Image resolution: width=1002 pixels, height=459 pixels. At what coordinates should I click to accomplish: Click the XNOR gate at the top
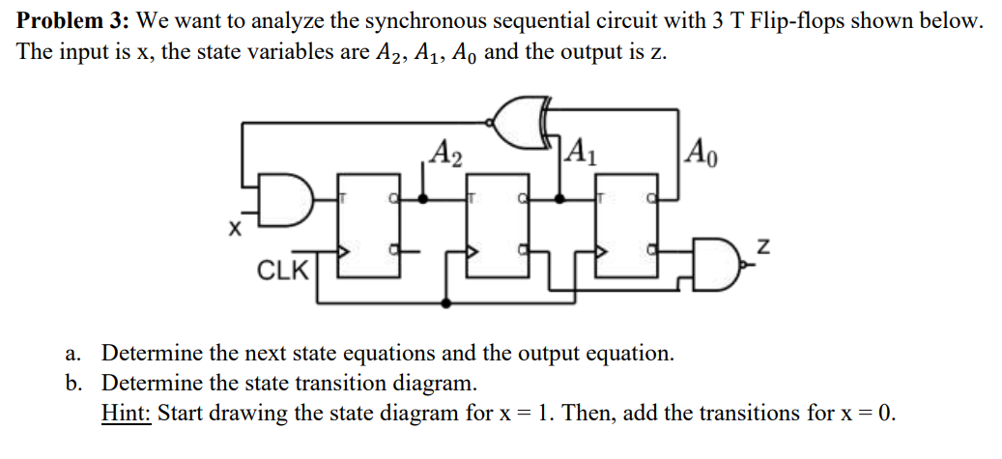[525, 124]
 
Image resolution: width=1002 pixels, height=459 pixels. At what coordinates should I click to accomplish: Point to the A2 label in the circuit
[445, 153]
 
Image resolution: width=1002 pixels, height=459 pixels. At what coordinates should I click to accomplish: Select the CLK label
[282, 268]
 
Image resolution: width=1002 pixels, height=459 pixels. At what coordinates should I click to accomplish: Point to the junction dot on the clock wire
[445, 302]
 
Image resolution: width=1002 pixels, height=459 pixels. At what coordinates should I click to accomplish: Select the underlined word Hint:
[126, 414]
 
